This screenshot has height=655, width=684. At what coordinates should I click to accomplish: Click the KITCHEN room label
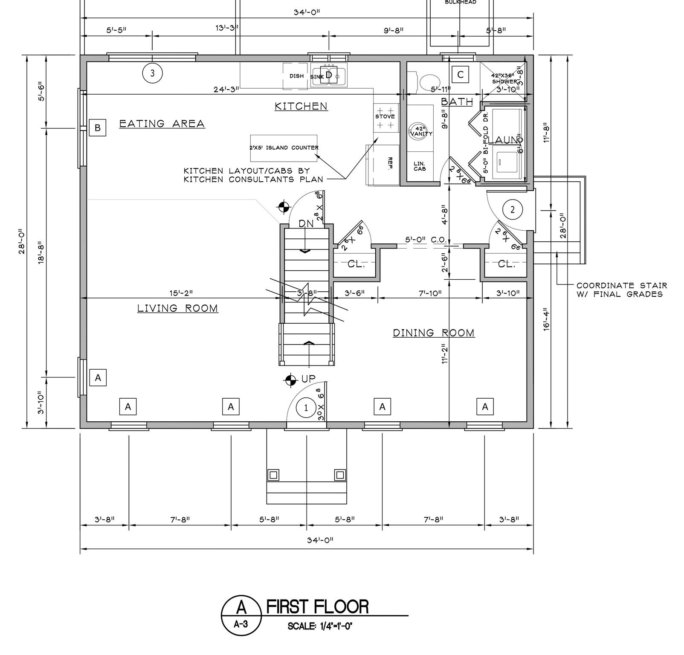(301, 106)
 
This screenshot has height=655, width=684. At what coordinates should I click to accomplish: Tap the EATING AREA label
(162, 124)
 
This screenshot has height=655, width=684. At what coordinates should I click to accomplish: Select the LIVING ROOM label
(177, 308)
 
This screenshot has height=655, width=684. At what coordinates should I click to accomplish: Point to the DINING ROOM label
(433, 333)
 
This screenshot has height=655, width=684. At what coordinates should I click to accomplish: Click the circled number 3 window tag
(153, 73)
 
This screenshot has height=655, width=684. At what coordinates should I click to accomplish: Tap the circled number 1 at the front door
(305, 408)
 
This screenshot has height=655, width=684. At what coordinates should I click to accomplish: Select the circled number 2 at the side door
(513, 209)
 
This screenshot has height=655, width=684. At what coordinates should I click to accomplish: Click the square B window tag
(98, 128)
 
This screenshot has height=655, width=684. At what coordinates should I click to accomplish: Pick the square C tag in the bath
(460, 75)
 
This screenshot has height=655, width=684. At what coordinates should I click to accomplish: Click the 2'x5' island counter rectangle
(284, 148)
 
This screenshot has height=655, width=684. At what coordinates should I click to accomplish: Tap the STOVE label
(385, 116)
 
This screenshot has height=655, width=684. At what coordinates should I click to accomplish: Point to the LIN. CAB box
(419, 166)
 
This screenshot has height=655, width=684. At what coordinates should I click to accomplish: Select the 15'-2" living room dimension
(181, 293)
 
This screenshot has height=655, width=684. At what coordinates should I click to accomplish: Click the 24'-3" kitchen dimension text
(226, 90)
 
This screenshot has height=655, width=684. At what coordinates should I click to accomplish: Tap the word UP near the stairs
(308, 379)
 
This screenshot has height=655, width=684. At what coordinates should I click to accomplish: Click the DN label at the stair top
(306, 223)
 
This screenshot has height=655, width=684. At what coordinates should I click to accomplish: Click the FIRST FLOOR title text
(317, 606)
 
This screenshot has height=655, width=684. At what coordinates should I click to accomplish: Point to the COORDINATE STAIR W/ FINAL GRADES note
(621, 290)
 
